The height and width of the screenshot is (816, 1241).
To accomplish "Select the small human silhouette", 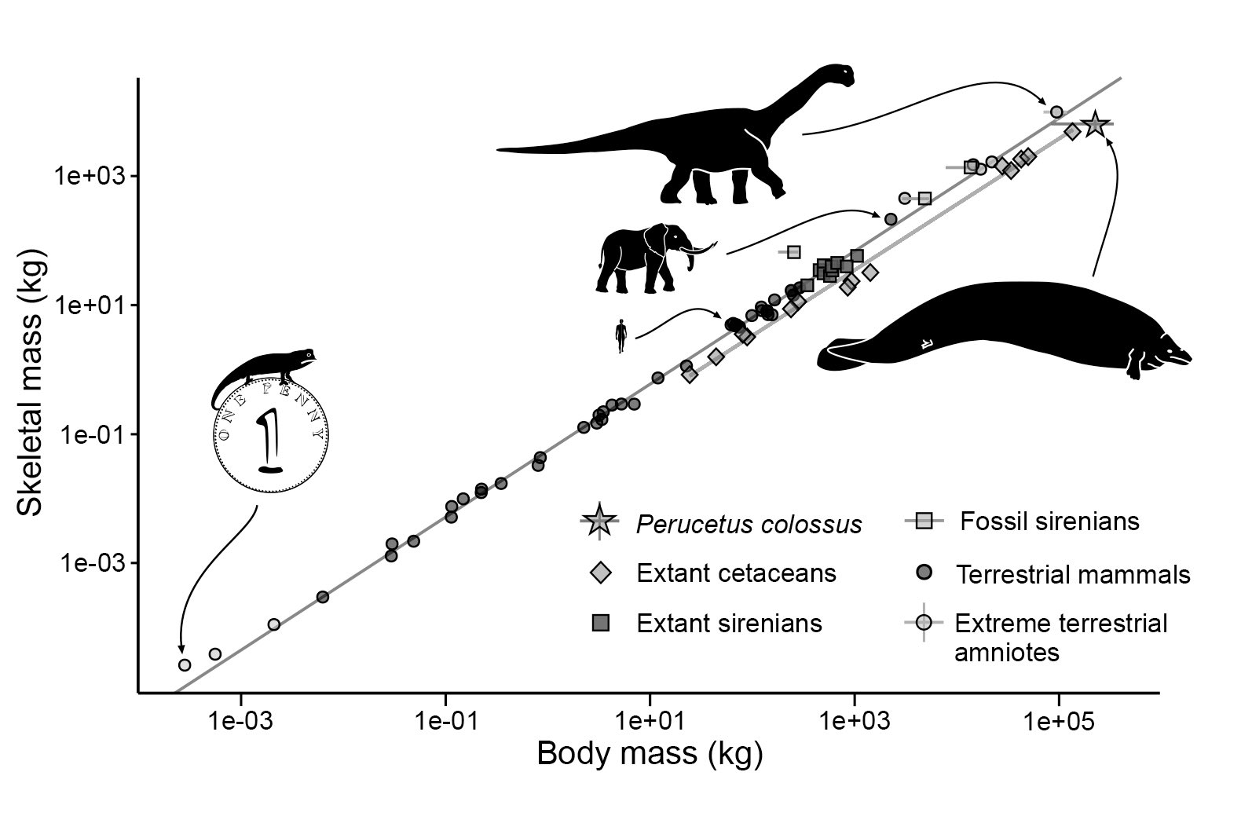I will (x=620, y=335).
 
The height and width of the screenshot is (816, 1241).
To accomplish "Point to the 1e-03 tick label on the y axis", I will (x=90, y=563).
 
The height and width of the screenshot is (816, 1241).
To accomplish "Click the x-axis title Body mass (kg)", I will (x=649, y=754).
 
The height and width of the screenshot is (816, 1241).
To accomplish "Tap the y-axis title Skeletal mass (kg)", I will (x=31, y=383).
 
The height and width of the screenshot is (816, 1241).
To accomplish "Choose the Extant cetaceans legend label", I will (x=736, y=573).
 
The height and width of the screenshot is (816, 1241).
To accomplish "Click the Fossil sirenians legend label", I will (x=1049, y=521).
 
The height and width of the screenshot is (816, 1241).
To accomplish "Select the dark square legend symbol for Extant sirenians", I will (x=600, y=624).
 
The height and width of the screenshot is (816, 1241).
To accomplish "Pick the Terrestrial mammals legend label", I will (x=1073, y=574).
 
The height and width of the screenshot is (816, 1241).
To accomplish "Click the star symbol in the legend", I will (x=599, y=520).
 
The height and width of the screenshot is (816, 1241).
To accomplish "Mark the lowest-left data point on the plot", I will (x=185, y=664).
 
